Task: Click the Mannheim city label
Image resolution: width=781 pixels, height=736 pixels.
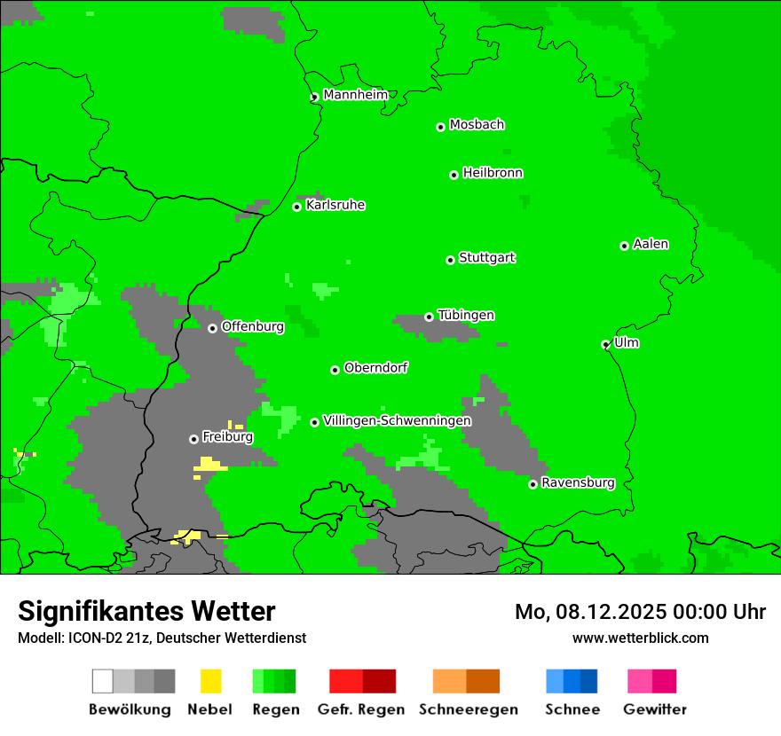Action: [x=355, y=95]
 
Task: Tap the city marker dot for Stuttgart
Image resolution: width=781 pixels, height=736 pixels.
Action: [x=450, y=260]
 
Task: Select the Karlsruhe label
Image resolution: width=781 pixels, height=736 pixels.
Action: [x=335, y=205]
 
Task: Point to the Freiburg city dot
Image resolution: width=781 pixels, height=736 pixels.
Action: [x=193, y=439]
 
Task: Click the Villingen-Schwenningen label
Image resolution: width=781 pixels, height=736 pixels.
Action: [x=397, y=420]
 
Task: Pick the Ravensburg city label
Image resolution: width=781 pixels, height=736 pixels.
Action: [x=578, y=482]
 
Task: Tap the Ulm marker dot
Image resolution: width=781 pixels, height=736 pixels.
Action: [x=606, y=344]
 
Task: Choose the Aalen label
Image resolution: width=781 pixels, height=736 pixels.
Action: [x=651, y=244]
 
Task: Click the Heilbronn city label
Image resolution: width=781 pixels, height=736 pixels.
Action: [x=493, y=173]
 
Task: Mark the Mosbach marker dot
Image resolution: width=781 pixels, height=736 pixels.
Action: [x=440, y=127]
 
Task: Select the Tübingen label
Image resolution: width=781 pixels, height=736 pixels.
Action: [x=466, y=315]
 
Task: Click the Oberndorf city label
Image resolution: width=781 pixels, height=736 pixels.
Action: [x=375, y=367]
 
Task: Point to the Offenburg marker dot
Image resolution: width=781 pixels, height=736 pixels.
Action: [x=212, y=328]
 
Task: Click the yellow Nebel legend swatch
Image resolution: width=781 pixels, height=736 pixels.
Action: [x=211, y=681]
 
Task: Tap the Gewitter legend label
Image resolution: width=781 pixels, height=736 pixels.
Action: [x=655, y=709]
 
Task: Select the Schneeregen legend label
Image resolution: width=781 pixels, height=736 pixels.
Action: [x=469, y=709]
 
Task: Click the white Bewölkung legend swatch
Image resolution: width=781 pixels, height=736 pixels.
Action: [x=103, y=681]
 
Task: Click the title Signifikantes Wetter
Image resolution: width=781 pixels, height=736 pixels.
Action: [x=146, y=611]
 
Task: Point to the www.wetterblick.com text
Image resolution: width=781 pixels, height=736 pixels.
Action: [x=640, y=638]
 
